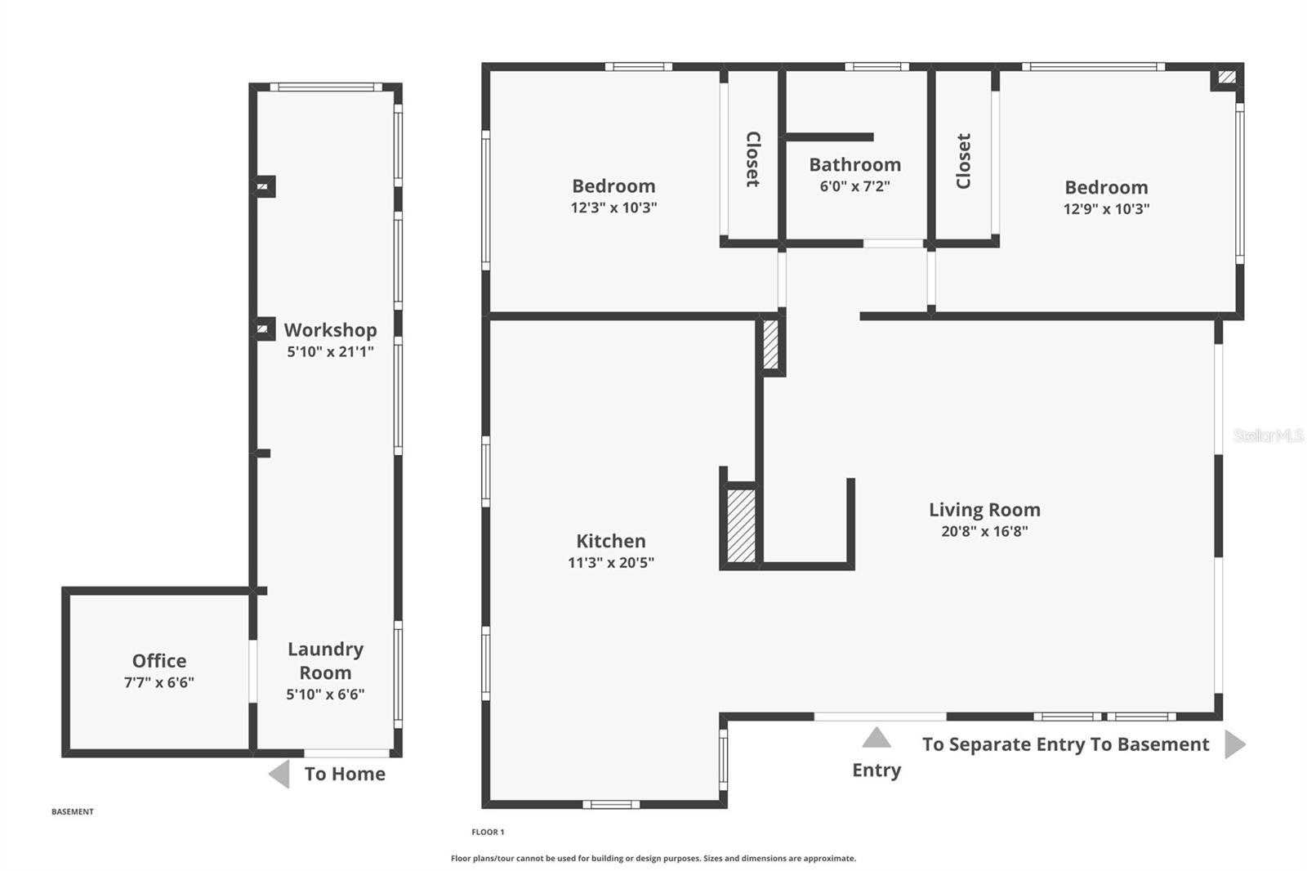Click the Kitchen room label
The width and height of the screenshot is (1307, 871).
(610, 541)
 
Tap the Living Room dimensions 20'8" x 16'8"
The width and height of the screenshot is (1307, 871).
(984, 531)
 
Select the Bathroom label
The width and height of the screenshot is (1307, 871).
(854, 165)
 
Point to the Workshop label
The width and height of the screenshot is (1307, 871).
(330, 330)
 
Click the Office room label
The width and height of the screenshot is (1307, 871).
(159, 660)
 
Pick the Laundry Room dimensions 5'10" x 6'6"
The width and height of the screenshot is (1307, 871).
(325, 695)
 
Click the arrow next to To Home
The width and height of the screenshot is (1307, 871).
(279, 774)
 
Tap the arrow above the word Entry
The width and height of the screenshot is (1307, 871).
(876, 738)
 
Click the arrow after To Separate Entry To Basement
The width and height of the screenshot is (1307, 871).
(1235, 744)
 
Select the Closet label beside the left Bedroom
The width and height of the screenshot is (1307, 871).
(752, 159)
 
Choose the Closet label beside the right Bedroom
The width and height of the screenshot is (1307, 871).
(964, 161)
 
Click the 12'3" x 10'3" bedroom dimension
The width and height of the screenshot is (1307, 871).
(613, 208)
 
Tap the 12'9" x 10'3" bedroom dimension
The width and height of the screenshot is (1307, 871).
(1106, 209)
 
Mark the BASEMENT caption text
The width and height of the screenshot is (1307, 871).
(73, 811)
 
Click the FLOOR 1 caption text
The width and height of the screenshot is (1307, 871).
(488, 832)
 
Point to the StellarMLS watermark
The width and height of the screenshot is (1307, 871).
(1268, 435)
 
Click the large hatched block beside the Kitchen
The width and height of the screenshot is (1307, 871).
(741, 525)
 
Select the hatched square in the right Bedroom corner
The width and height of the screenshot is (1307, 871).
(1227, 78)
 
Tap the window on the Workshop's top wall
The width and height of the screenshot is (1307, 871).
(326, 87)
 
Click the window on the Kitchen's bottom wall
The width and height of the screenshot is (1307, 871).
(611, 804)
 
